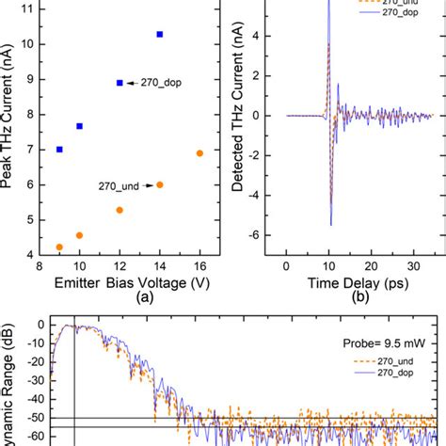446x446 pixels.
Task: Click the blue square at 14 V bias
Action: [159, 34]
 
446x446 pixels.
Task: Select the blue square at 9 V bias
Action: [59, 149]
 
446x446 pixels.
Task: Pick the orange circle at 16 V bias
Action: [199, 153]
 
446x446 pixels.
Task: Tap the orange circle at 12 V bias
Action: [119, 210]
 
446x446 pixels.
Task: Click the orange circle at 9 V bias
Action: [59, 247]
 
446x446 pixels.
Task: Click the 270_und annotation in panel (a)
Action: [118, 186]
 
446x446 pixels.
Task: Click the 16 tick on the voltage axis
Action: [199, 266]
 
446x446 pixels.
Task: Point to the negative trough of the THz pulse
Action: [330, 224]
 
